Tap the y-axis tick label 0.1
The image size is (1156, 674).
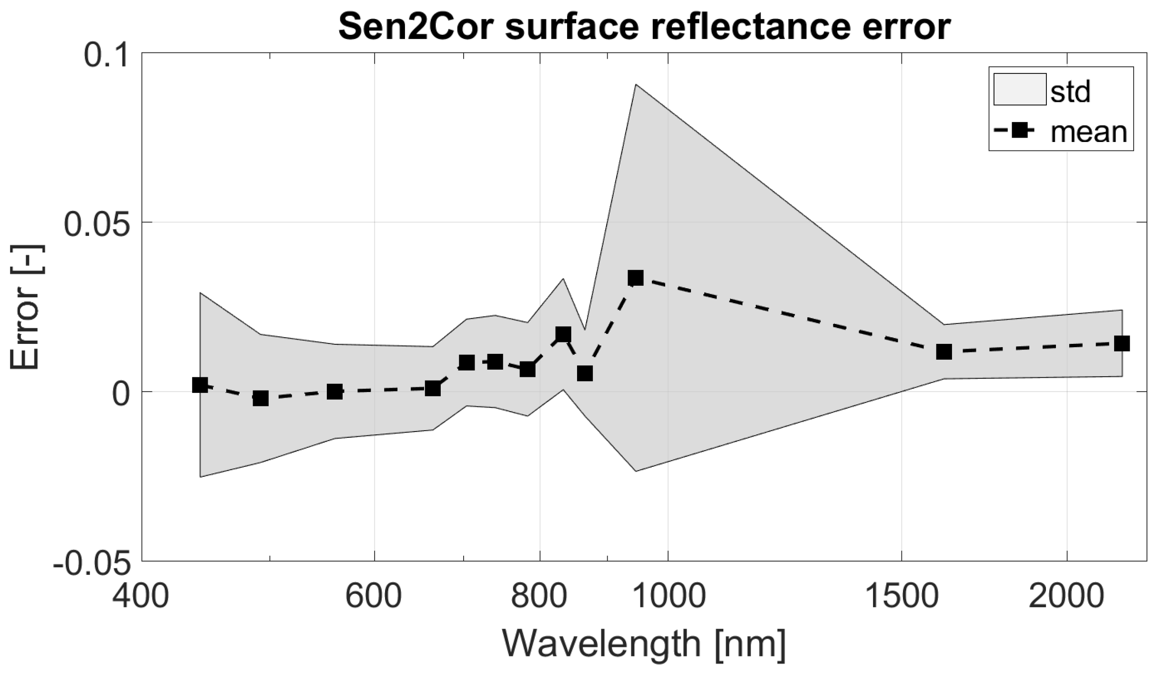pyautogui.click(x=107, y=55)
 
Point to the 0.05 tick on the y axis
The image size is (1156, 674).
pyautogui.click(x=97, y=224)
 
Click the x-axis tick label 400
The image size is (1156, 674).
pyautogui.click(x=141, y=597)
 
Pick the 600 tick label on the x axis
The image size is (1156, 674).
pyautogui.click(x=374, y=597)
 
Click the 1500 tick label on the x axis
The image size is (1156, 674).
pyautogui.click(x=902, y=597)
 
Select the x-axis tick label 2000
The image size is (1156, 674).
pyautogui.click(x=1066, y=597)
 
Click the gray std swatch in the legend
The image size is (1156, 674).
pyautogui.click(x=1019, y=89)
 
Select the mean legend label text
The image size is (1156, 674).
pyautogui.click(x=1089, y=131)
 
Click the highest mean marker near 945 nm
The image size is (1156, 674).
pyautogui.click(x=635, y=278)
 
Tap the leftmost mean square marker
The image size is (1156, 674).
pyautogui.click(x=200, y=385)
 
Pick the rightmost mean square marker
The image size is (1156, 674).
pyautogui.click(x=1122, y=343)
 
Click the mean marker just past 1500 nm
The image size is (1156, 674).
pyautogui.click(x=943, y=352)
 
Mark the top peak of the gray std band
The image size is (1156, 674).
pyautogui.click(x=636, y=85)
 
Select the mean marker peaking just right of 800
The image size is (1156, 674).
pyautogui.click(x=563, y=334)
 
